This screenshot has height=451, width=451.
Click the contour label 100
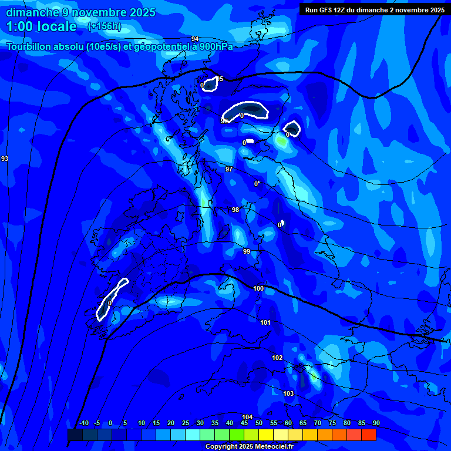(258, 288)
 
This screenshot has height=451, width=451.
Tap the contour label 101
(265, 322)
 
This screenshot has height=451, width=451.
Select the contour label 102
(277, 358)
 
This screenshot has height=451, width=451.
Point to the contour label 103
(288, 393)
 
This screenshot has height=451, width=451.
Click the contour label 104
(247, 417)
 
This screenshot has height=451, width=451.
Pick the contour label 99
(247, 251)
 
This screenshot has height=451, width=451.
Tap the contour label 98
(235, 210)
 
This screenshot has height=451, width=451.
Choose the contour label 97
(229, 169)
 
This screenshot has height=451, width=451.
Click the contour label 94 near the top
(195, 38)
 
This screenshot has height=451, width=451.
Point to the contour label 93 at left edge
(5, 159)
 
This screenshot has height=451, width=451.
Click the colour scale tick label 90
(376, 423)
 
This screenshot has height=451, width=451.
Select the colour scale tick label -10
(84, 423)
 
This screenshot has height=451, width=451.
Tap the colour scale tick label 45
(244, 423)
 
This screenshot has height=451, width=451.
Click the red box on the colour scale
(368, 435)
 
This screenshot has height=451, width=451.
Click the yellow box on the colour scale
(265, 435)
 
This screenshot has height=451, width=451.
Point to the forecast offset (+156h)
(104, 26)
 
